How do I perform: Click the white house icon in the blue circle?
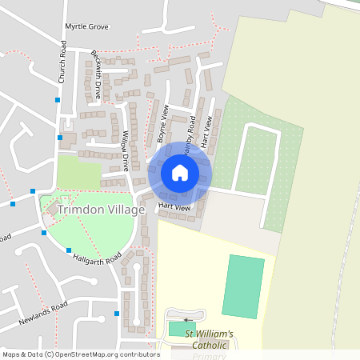click(180, 173)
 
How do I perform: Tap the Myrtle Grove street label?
click(86, 26)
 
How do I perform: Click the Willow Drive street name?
click(125, 151)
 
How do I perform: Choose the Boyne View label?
click(162, 123)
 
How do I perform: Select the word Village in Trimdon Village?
click(129, 210)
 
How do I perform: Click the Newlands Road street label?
click(43, 315)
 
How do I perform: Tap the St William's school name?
click(209, 334)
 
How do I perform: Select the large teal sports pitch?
click(242, 286)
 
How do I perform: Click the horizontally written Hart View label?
click(174, 207)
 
